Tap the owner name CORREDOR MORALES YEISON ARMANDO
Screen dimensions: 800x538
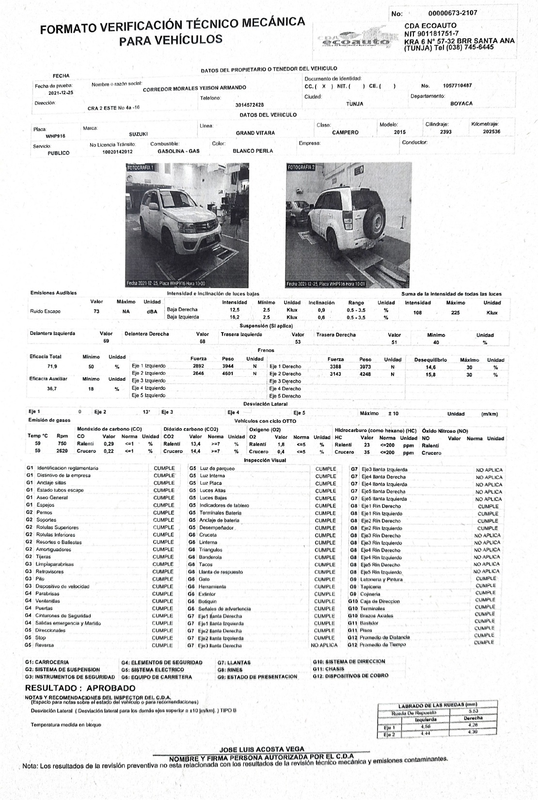pyautogui.click(x=194, y=88)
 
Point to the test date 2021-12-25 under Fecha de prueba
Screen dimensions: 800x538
pyautogui.click(x=61, y=93)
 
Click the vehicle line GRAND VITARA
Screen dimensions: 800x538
pyautogui.click(x=255, y=133)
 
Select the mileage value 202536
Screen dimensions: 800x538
pyautogui.click(x=491, y=131)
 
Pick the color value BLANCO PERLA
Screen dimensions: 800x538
pyautogui.click(x=253, y=151)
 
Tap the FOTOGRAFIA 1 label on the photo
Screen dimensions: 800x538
pyautogui.click(x=141, y=167)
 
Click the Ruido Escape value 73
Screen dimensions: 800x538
pyautogui.click(x=96, y=311)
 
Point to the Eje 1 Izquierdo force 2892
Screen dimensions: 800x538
pyautogui.click(x=198, y=366)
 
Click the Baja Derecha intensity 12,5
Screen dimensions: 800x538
pyautogui.click(x=235, y=309)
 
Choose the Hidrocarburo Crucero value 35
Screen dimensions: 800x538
pyautogui.click(x=367, y=452)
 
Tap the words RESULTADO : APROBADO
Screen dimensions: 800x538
pyautogui.click(x=80, y=688)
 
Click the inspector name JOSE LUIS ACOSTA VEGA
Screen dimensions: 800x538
pyautogui.click(x=262, y=749)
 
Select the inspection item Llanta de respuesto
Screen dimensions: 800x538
pyautogui.click(x=221, y=572)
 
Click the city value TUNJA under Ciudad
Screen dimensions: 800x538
pyautogui.click(x=355, y=104)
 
